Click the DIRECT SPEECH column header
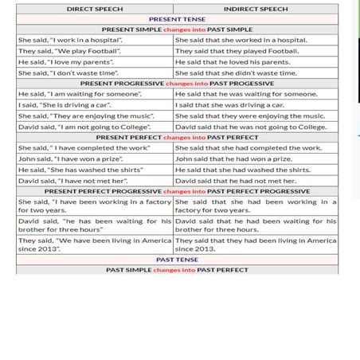(95, 9)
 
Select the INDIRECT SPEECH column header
(255, 9)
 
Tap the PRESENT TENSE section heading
(177, 19)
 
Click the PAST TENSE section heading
(177, 260)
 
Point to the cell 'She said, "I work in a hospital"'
(70, 40)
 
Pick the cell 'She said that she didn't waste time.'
(236, 72)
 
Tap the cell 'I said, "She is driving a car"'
(65, 104)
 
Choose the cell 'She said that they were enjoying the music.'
(249, 115)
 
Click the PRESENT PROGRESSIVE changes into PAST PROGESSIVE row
(177, 83)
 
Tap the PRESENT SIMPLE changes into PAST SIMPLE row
(177, 29)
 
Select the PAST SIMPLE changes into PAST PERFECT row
(177, 270)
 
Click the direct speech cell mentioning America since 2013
(95, 244)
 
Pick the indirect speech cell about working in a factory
(255, 205)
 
